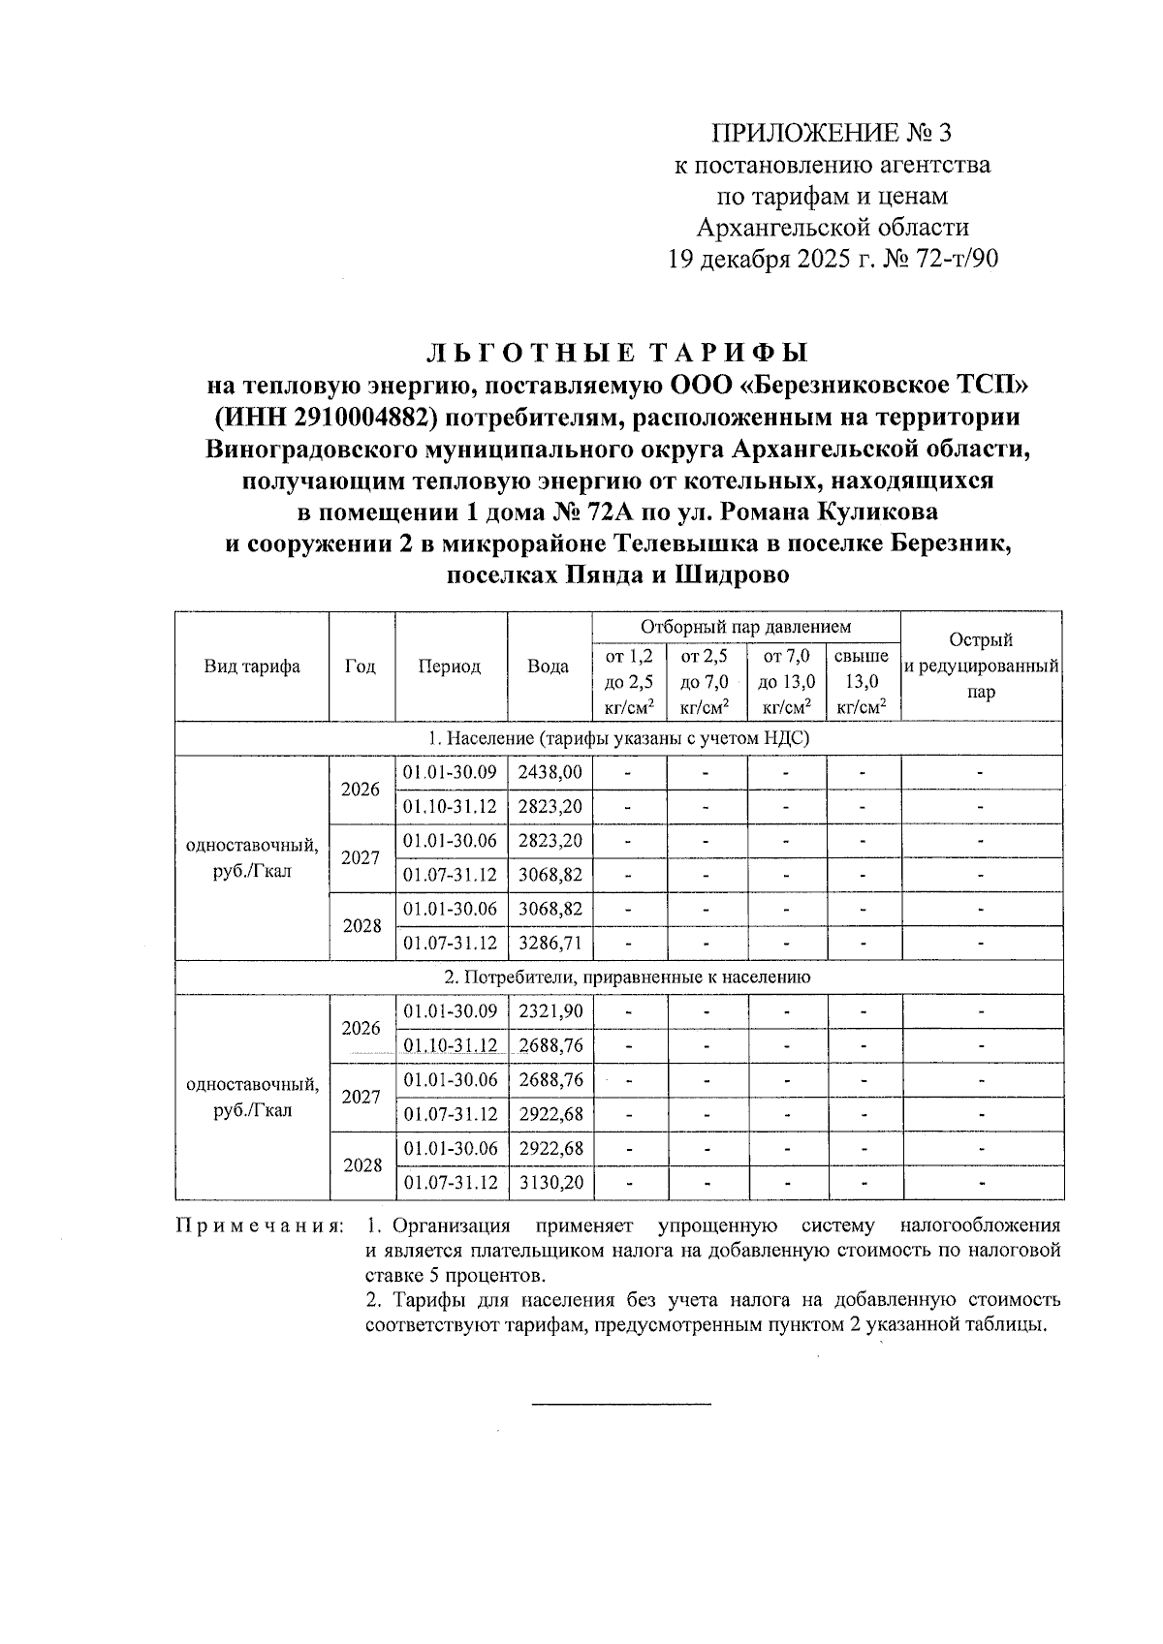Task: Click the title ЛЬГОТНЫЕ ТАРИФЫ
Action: point(618,352)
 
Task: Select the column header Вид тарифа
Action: point(252,667)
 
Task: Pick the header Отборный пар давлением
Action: point(745,628)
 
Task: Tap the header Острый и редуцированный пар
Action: point(982,667)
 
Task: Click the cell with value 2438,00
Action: point(550,773)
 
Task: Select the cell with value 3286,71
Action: point(550,943)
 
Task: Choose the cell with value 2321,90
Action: point(550,1011)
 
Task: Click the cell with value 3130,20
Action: point(550,1183)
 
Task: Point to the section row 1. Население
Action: point(618,739)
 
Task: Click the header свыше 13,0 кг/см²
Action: point(862,682)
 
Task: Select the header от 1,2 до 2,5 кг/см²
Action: point(628,682)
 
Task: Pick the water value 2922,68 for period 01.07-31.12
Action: point(550,1114)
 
